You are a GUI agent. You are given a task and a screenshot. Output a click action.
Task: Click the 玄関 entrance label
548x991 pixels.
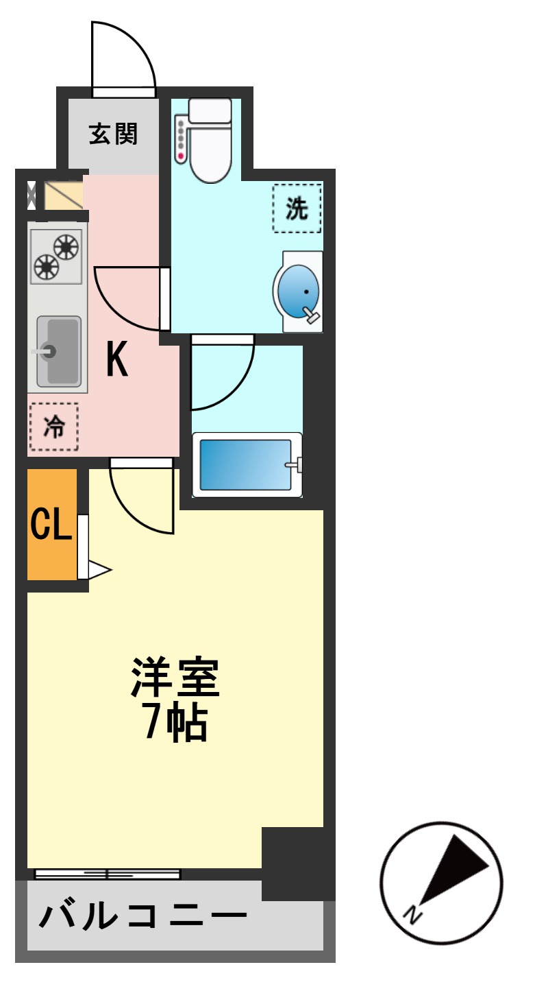114,134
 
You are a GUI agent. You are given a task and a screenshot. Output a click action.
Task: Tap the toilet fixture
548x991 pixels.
210,141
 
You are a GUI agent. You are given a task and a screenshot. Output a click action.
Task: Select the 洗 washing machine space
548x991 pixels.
297,208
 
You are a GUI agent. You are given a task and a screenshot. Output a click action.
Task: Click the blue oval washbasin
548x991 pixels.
299,291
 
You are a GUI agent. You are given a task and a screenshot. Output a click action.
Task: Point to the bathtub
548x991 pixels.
247,464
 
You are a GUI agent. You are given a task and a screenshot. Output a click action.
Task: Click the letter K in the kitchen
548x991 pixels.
117,359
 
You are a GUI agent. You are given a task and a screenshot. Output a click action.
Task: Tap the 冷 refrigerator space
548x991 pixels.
53,427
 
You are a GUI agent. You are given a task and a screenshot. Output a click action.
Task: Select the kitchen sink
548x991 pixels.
58,351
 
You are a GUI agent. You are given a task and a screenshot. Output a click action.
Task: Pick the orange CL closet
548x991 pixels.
51,525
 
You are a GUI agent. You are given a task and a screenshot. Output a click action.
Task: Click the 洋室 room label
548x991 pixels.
175,678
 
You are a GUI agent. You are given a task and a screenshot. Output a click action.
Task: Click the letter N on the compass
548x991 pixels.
412,914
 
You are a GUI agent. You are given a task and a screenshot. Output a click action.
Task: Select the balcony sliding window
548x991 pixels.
108,874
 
